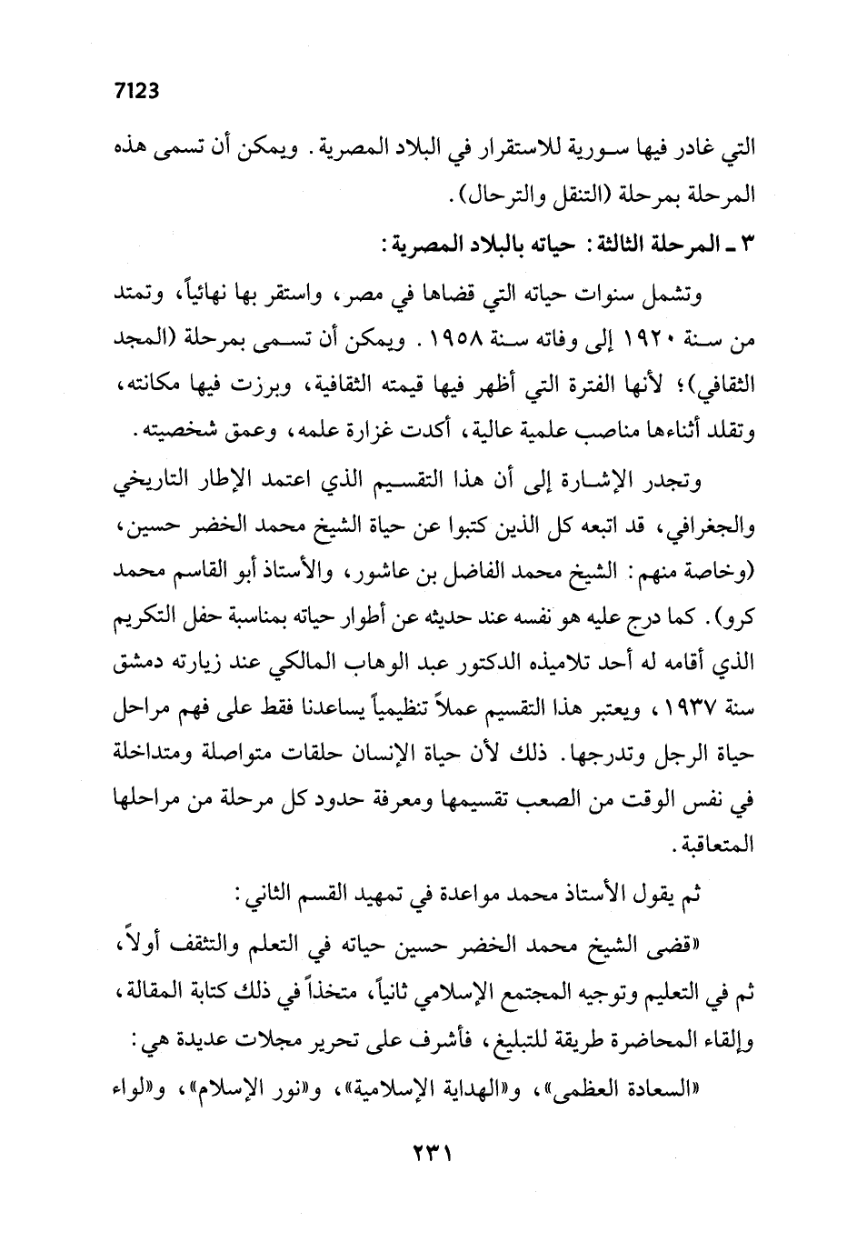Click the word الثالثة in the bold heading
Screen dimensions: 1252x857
point(593,247)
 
